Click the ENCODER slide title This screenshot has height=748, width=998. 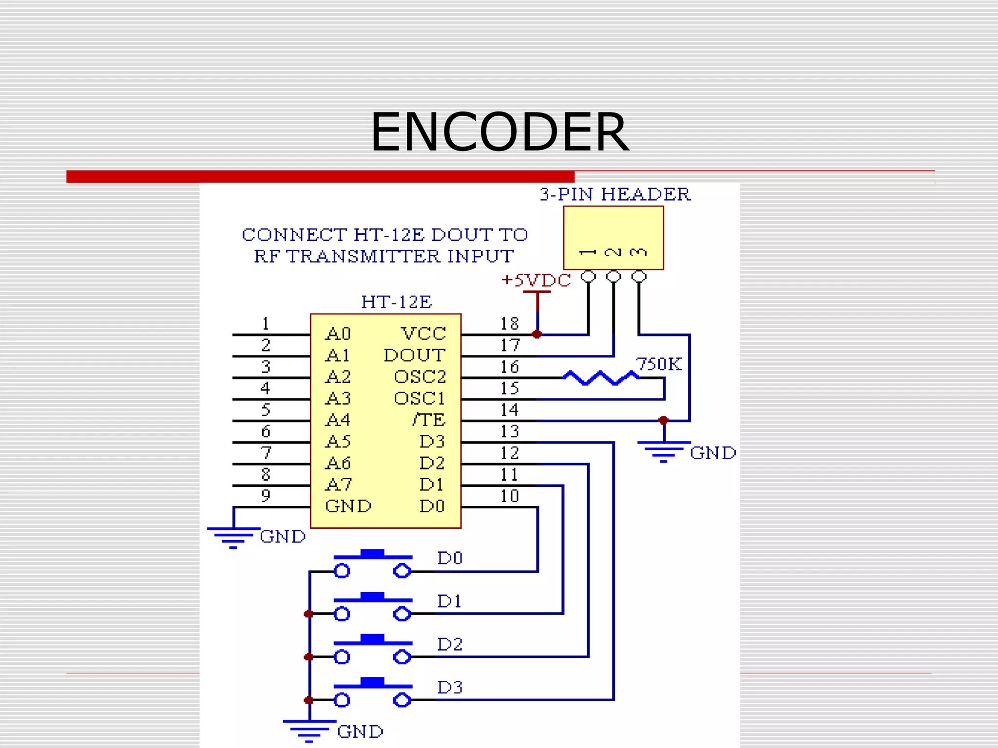click(x=499, y=132)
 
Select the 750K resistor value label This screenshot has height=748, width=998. click(x=659, y=364)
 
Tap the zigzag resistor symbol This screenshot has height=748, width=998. click(x=600, y=378)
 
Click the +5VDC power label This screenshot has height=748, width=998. click(x=536, y=280)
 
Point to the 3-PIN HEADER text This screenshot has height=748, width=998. click(x=615, y=194)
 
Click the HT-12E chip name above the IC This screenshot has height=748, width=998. click(x=396, y=302)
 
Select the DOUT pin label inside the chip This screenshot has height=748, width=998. click(x=414, y=355)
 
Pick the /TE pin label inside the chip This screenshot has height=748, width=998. click(x=428, y=420)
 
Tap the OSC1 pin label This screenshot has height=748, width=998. click(x=419, y=398)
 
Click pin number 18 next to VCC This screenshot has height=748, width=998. click(x=510, y=324)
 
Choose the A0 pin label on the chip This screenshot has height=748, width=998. click(x=338, y=334)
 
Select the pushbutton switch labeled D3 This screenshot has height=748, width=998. click(x=373, y=692)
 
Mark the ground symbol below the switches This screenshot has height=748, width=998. click(x=309, y=730)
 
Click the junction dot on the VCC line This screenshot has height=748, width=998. click(x=537, y=335)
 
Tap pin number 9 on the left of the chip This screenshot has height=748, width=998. click(x=266, y=496)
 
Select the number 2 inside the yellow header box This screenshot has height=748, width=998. click(x=613, y=252)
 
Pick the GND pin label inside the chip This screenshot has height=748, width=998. click(x=348, y=506)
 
